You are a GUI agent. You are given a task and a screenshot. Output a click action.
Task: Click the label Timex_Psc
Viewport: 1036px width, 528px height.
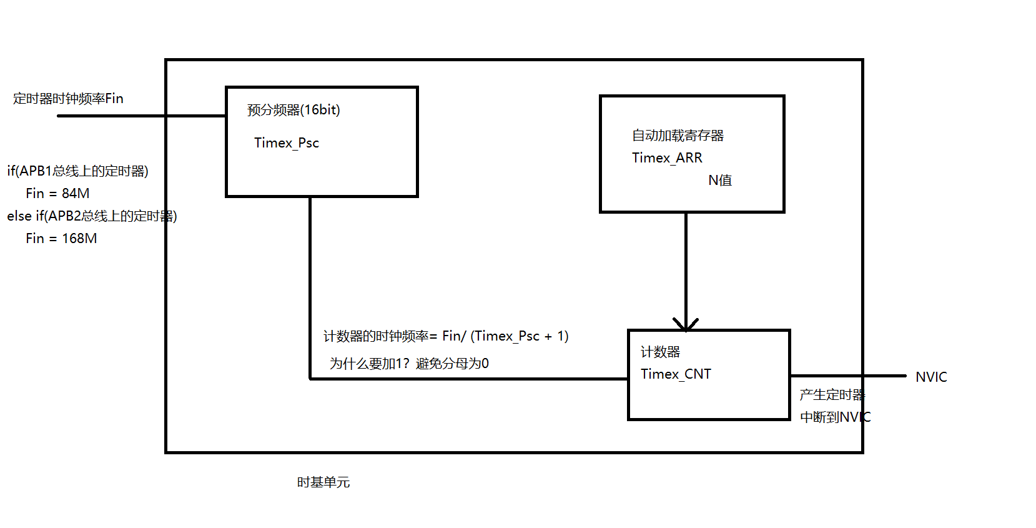click(287, 143)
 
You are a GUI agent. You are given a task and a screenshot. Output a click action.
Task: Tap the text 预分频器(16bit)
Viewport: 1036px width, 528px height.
click(294, 110)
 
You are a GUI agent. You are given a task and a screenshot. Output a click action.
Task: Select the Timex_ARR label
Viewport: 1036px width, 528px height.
click(667, 158)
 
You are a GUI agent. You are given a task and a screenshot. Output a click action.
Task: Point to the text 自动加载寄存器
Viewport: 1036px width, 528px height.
click(678, 136)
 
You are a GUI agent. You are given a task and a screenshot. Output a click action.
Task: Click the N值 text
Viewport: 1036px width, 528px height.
click(720, 181)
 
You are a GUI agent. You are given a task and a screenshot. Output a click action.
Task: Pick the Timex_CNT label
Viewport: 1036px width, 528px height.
click(676, 374)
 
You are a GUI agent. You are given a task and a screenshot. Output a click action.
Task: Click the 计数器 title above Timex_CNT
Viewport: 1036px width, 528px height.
click(660, 352)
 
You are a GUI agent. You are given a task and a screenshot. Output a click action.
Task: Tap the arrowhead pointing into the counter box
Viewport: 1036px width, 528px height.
click(686, 324)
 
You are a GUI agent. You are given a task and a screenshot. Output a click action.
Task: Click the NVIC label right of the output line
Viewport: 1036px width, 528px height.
click(931, 377)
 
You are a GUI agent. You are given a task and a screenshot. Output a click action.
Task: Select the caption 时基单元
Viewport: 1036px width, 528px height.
click(323, 482)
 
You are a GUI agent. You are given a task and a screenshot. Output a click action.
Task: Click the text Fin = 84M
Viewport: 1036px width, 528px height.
click(57, 194)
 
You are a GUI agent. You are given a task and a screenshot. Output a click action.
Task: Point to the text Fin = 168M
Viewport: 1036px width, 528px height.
click(61, 239)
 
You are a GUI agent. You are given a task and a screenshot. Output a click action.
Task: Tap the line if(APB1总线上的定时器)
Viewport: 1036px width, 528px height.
click(78, 171)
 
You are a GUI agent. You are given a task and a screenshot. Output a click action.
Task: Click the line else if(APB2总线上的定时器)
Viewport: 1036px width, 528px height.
click(92, 216)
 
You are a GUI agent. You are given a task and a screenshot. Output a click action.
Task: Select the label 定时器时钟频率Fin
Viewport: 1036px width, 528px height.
click(68, 99)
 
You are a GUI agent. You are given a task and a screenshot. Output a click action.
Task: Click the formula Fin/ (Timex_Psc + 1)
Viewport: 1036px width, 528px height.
click(505, 336)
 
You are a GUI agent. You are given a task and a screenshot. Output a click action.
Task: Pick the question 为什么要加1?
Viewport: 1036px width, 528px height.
click(369, 364)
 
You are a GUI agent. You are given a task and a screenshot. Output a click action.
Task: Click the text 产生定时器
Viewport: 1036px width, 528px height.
click(832, 395)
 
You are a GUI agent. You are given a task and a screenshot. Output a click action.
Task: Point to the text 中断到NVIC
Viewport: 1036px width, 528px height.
click(835, 417)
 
